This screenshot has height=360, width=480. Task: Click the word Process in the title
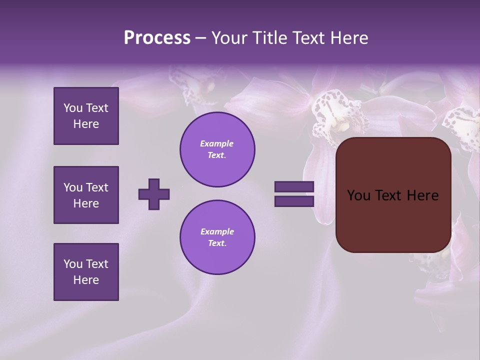tap(157, 38)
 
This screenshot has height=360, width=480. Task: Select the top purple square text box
tap(86, 116)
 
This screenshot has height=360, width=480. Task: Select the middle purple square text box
tap(86, 195)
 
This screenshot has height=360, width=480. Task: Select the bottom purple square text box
tap(86, 272)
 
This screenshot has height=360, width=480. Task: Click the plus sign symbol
tap(154, 194)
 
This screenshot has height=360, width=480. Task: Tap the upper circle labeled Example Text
tap(217, 149)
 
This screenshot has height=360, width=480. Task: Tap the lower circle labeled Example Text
tap(217, 237)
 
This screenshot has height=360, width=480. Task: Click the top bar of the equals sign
tap(294, 187)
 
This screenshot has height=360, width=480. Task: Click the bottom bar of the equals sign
tap(294, 201)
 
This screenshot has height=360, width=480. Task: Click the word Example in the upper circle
tap(217, 143)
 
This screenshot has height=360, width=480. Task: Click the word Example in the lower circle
tap(217, 231)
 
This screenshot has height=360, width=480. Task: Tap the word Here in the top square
tap(86, 124)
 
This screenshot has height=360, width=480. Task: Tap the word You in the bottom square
tap(73, 264)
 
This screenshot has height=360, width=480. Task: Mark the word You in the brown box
tap(358, 195)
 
